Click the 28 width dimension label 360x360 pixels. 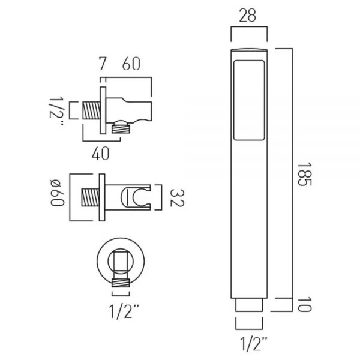(247, 16)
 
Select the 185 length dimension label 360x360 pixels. (304, 174)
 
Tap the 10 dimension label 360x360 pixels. (304, 304)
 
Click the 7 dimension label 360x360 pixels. (103, 64)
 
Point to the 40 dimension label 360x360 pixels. (101, 153)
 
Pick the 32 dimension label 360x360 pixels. (177, 197)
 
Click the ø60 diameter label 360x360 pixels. (57, 193)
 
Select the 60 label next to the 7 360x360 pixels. (131, 64)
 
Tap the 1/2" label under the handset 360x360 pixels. (254, 343)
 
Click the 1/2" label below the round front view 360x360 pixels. (124, 311)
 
